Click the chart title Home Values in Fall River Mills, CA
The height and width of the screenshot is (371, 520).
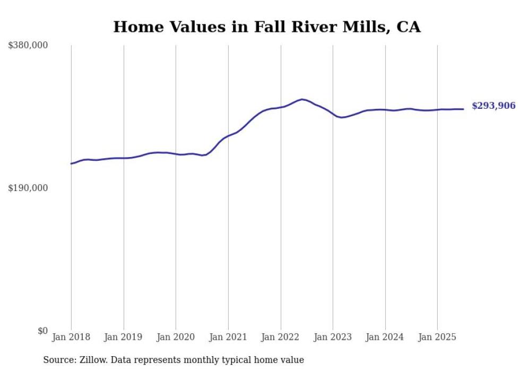pyautogui.click(x=267, y=27)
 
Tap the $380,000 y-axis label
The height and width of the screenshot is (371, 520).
pyautogui.click(x=28, y=46)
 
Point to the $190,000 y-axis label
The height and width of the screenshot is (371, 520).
pyautogui.click(x=28, y=188)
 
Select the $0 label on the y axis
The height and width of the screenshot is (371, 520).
pyautogui.click(x=43, y=331)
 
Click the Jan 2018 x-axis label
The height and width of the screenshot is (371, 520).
pyautogui.click(x=71, y=337)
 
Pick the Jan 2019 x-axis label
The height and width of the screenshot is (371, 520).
pyautogui.click(x=123, y=337)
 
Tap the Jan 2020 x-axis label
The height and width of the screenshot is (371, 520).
pyautogui.click(x=176, y=337)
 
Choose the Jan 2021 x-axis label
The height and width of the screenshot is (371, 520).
pyautogui.click(x=228, y=337)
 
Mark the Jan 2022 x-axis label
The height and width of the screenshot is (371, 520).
pyautogui.click(x=280, y=337)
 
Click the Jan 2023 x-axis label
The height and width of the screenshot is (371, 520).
pyautogui.click(x=333, y=337)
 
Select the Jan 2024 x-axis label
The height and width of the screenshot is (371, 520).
pyautogui.click(x=385, y=337)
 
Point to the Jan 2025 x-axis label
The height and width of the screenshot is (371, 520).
pyautogui.click(x=437, y=337)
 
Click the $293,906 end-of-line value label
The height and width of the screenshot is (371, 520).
pyautogui.click(x=493, y=106)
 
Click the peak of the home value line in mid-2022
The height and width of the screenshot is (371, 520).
pyautogui.click(x=302, y=99)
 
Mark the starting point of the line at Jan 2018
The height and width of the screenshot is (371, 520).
pyautogui.click(x=71, y=163)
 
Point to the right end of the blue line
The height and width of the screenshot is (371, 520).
pyautogui.click(x=463, y=109)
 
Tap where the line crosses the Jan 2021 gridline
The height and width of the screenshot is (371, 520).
pyautogui.click(x=228, y=136)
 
